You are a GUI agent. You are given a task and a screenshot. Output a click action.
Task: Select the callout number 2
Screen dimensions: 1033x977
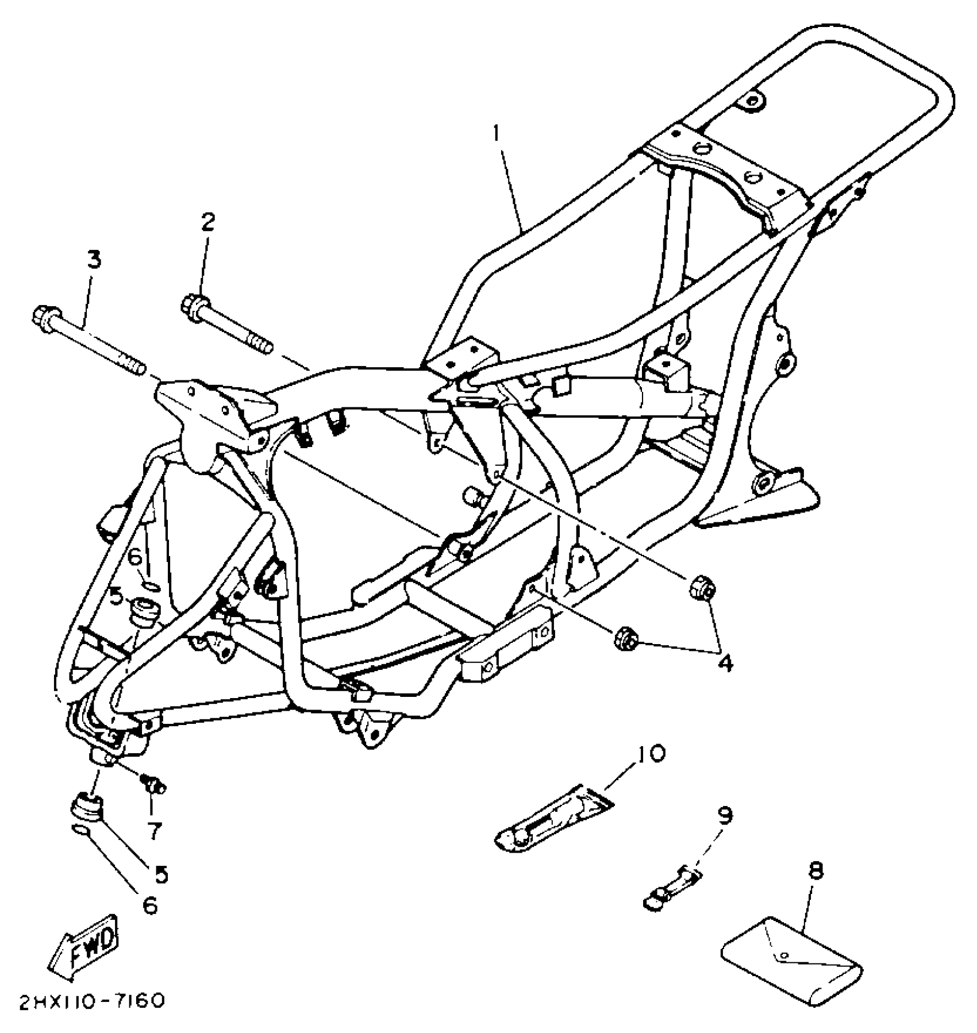click(207, 221)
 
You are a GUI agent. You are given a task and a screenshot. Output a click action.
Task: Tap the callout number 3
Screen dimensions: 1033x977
click(94, 260)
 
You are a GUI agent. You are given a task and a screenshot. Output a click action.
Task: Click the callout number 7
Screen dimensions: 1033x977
click(154, 831)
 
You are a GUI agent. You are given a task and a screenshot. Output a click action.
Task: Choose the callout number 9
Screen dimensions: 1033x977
click(725, 815)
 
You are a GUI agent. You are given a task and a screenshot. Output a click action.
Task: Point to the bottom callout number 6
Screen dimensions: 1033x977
click(149, 905)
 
